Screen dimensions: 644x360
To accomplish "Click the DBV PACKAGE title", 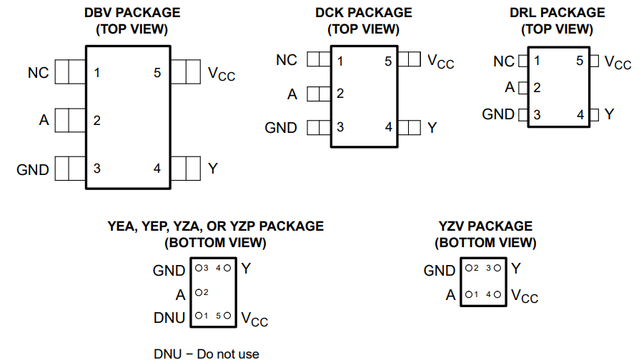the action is coord(132,13).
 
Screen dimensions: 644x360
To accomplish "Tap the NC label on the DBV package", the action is coord(38,73).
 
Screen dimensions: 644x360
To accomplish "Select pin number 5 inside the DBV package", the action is coord(157,73).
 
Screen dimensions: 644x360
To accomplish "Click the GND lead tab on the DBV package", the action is coord(70,169).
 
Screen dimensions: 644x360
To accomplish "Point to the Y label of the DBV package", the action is coord(213,169).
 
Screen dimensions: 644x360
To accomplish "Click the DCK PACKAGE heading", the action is coord(364,13).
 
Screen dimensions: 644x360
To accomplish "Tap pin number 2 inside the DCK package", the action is coord(340,94).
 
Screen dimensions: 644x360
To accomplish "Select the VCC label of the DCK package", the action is coord(441,61).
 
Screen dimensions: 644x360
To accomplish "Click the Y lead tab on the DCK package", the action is coord(409,127).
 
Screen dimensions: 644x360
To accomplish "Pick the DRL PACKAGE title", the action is coord(558,13).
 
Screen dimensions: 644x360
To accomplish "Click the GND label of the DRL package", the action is coord(498,114).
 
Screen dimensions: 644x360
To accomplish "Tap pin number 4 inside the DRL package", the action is coord(580,114).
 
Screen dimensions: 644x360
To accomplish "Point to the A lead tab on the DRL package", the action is coord(523,88).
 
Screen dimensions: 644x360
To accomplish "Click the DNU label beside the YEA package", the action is coord(169,318).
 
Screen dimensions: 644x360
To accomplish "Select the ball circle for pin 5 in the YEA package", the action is coord(227,316).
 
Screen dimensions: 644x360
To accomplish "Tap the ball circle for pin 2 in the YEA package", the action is coord(199,292).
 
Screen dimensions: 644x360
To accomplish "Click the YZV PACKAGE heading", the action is coord(485,226).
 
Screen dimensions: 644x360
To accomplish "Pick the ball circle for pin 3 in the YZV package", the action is coord(497,268).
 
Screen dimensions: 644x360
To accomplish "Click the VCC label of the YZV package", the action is coord(525,296).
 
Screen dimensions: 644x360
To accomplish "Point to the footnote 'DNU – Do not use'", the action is coord(207,354).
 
